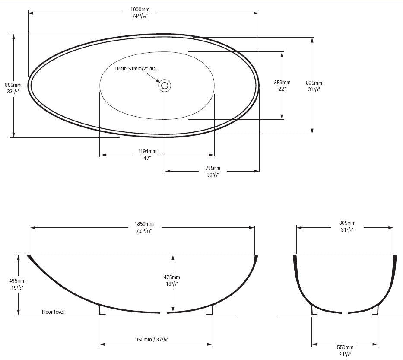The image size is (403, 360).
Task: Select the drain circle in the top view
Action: tap(165, 85)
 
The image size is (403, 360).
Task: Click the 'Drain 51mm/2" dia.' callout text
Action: tap(136, 68)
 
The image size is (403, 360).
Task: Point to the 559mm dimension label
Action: tap(282, 82)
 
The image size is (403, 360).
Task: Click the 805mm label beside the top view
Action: tap(314, 83)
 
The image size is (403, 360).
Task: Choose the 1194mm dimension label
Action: tap(147, 151)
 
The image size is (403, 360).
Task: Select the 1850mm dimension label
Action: tap(144, 224)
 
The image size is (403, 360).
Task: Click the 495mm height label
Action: tap(17, 280)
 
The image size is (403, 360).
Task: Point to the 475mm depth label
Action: tap(172, 277)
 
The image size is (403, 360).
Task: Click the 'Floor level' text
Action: tap(53, 312)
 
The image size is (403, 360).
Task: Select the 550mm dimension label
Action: tap(345, 347)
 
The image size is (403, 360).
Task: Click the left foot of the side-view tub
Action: tap(101, 310)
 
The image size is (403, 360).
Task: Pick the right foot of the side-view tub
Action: tap(211, 310)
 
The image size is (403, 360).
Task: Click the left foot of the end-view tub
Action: tap(313, 310)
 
